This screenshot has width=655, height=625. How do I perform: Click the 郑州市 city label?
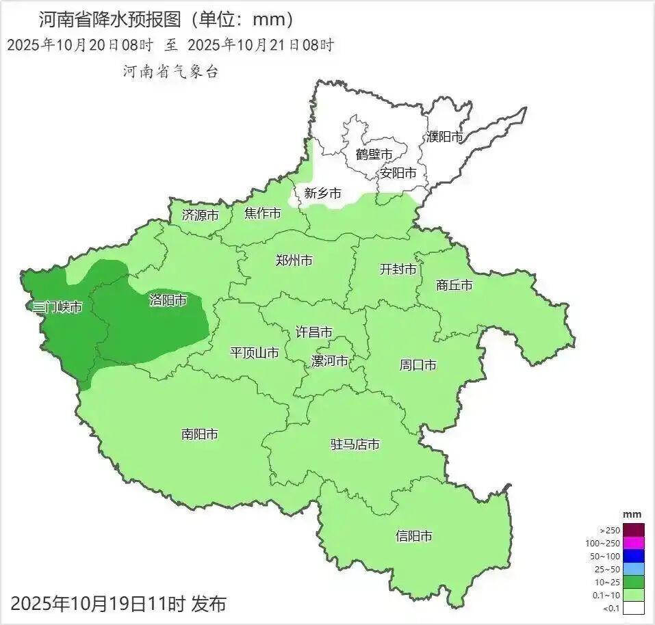pos(294,261)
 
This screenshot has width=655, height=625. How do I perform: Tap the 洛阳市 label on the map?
pos(168,300)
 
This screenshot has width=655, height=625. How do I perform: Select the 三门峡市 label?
pos(57,307)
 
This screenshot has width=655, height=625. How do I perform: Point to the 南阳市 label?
pos(200,434)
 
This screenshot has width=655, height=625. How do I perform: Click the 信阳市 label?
pos(414,536)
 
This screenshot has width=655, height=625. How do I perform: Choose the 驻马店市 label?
pos(355,445)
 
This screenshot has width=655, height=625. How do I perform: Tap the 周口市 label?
pos(418,365)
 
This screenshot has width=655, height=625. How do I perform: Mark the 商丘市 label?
pos(454,285)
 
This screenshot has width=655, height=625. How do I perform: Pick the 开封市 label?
pos(398,269)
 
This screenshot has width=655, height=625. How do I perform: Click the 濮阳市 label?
pos(445,137)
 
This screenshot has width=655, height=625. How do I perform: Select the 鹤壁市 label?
pos(374,155)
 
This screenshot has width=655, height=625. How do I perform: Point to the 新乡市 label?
pos(322,194)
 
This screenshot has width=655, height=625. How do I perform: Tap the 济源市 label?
pos(201,215)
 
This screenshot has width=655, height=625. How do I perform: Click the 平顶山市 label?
pos(254,353)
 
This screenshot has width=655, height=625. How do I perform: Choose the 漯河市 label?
pos(329,361)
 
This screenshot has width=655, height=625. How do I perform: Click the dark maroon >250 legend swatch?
pos(634,530)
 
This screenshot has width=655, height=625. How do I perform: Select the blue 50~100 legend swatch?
pos(634,556)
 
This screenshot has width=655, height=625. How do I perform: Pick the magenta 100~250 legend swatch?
pos(634,543)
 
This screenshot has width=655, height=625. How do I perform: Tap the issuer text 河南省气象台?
pos(170,71)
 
